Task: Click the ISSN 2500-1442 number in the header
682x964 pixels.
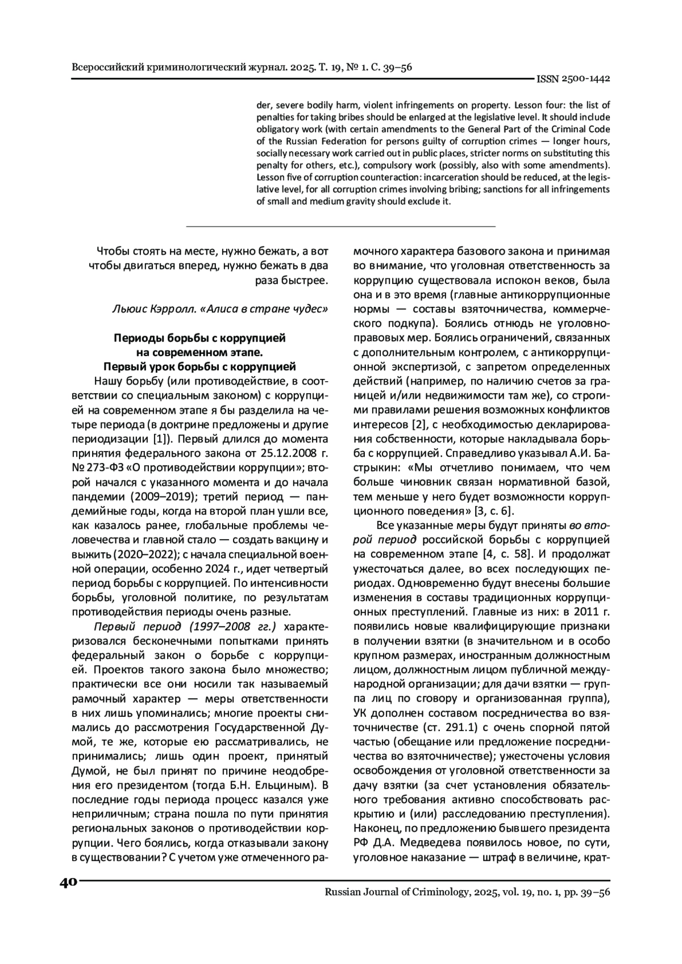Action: [573, 79]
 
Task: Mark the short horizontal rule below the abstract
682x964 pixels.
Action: [341, 227]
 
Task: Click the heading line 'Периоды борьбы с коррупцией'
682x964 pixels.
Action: [199, 338]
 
